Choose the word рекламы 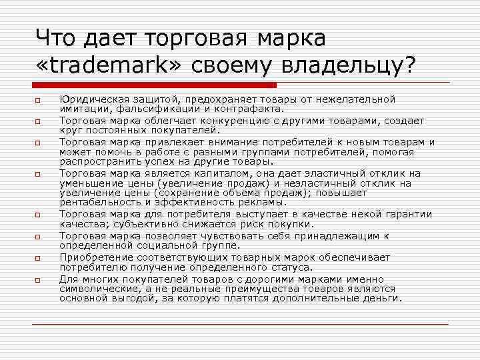point(264,202)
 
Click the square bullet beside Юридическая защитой point(39,101)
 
